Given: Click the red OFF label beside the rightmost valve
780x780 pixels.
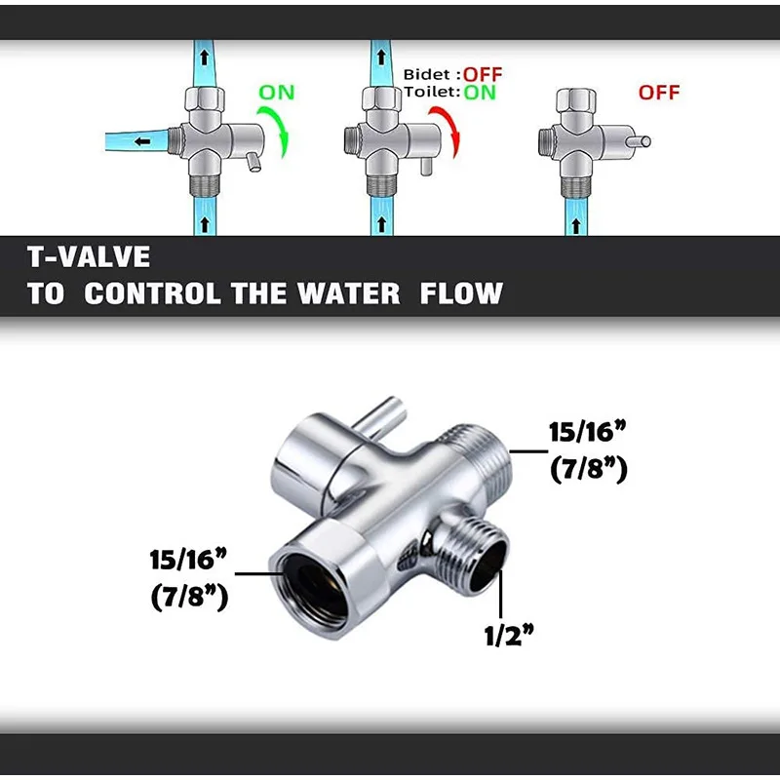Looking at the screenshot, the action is pos(659,94).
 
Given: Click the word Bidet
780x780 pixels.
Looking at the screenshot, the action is pos(427,75).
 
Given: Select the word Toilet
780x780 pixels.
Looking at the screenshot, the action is pos(430,94).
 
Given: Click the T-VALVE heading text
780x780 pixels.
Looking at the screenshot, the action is pos(90,256).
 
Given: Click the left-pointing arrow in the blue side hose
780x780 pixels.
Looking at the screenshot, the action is pos(143,141).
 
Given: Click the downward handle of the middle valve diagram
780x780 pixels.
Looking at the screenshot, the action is pos(426,166).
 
